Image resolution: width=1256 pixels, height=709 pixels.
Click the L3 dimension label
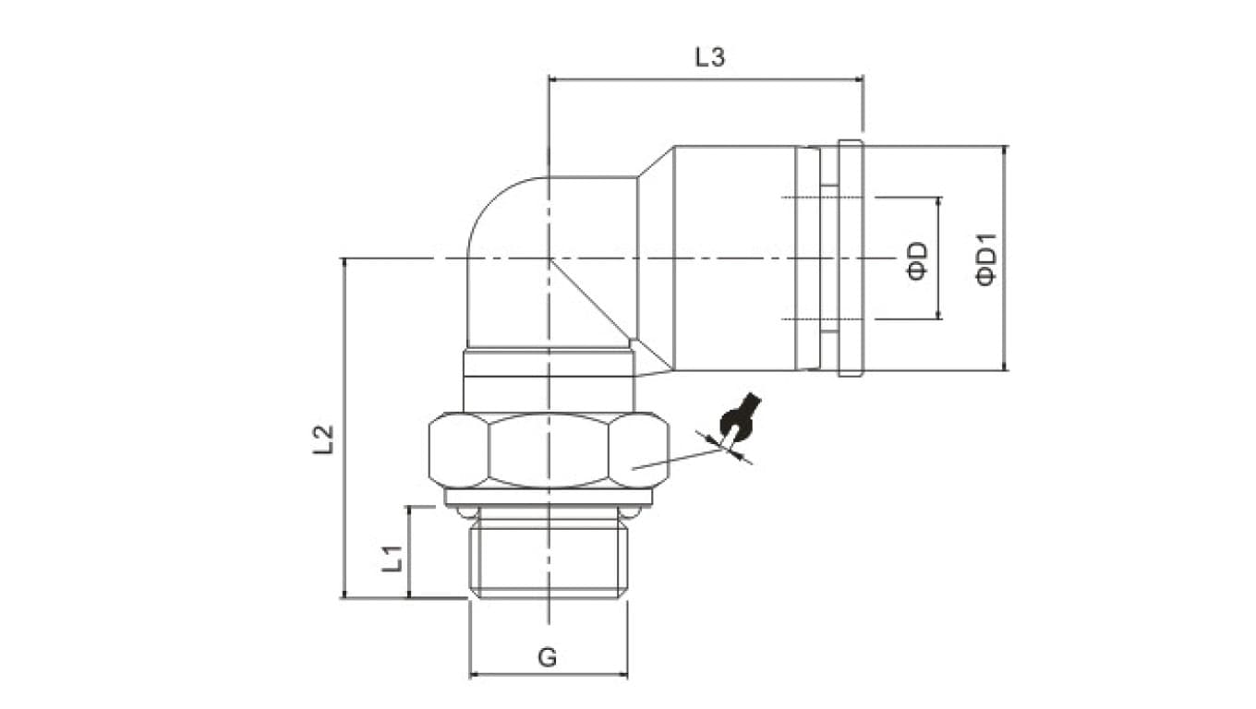(710, 57)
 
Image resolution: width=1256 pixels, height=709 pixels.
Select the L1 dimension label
(392, 557)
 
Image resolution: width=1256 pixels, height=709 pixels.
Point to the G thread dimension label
(547, 657)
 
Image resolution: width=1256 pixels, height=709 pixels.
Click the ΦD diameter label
(917, 259)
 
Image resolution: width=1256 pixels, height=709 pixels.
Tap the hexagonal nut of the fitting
(549, 451)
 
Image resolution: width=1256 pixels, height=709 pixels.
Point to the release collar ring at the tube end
(849, 258)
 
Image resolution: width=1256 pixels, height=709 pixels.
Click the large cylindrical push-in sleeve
(734, 258)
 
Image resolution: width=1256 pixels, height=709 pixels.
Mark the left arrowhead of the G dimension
(475, 675)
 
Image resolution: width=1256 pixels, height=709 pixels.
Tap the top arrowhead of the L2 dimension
(344, 264)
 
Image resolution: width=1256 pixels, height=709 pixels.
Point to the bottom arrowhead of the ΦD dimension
(939, 315)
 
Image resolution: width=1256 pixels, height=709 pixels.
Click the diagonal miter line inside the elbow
(591, 300)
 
